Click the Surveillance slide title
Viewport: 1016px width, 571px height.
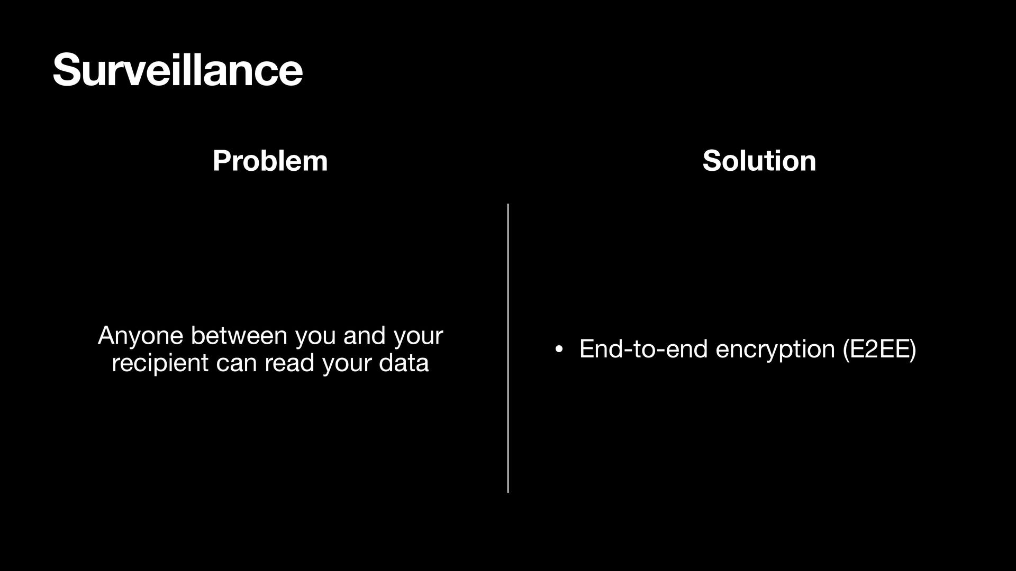[177, 70]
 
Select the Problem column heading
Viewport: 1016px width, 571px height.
[270, 161]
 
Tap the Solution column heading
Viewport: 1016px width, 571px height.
[759, 161]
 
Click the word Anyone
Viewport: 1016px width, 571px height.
[140, 336]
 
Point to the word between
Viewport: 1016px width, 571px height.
[239, 336]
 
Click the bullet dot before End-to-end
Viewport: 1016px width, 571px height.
[559, 349]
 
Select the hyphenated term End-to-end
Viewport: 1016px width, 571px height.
[643, 349]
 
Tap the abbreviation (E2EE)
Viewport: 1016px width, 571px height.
[879, 349]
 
